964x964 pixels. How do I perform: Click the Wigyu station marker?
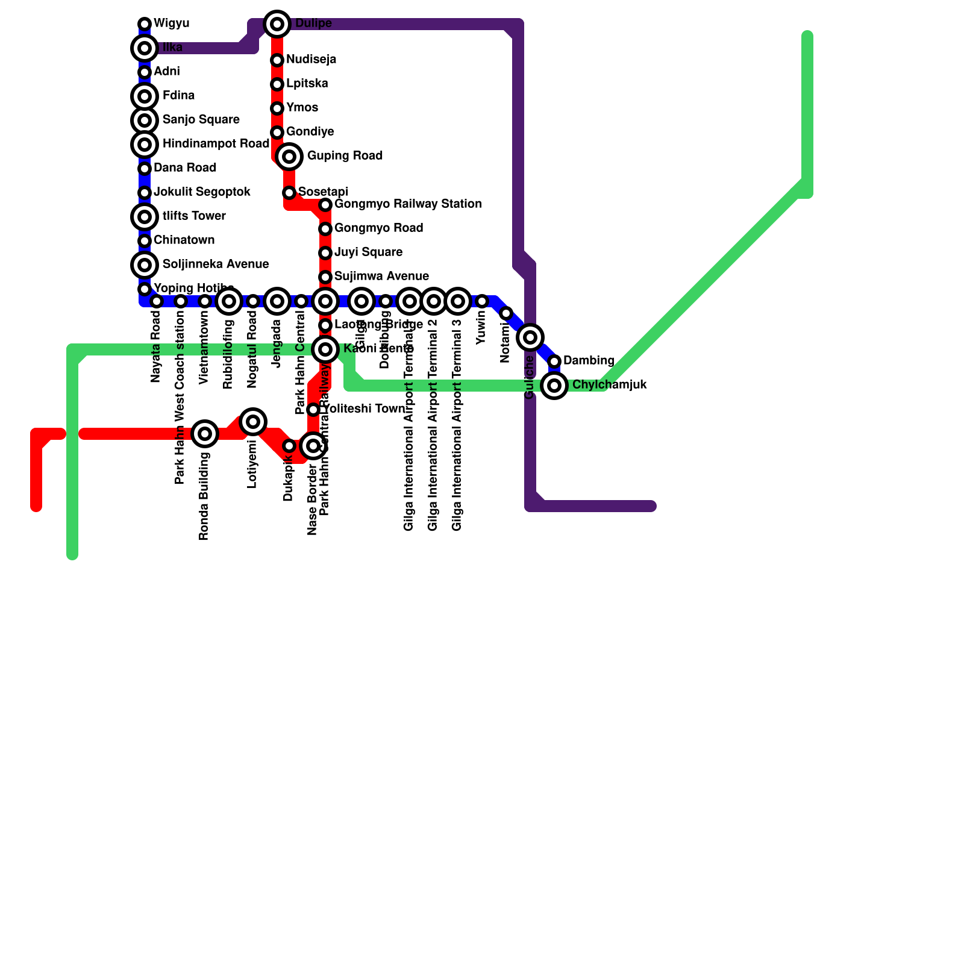(145, 24)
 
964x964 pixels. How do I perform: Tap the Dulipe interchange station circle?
(277, 24)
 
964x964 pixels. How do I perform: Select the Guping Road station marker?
(289, 157)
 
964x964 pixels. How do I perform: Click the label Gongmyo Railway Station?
(408, 204)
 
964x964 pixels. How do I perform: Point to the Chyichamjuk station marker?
(554, 386)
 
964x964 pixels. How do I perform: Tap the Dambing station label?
(589, 361)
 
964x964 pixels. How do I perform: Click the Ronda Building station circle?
(205, 434)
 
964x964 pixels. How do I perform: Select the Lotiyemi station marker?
(253, 422)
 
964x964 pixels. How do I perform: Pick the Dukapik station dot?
(289, 446)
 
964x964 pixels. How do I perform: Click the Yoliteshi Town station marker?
(313, 410)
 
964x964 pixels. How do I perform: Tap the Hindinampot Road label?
(216, 144)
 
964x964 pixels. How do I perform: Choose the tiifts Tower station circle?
(145, 217)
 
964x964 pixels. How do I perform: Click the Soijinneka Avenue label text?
(216, 264)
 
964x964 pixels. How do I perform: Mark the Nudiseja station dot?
(277, 60)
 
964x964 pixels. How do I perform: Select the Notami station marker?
(506, 313)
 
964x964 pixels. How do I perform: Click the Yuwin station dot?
(482, 301)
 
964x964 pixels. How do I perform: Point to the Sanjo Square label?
(201, 120)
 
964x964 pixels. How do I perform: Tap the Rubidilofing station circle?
(229, 301)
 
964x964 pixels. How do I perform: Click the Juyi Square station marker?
(325, 253)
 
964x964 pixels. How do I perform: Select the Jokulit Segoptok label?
(202, 192)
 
